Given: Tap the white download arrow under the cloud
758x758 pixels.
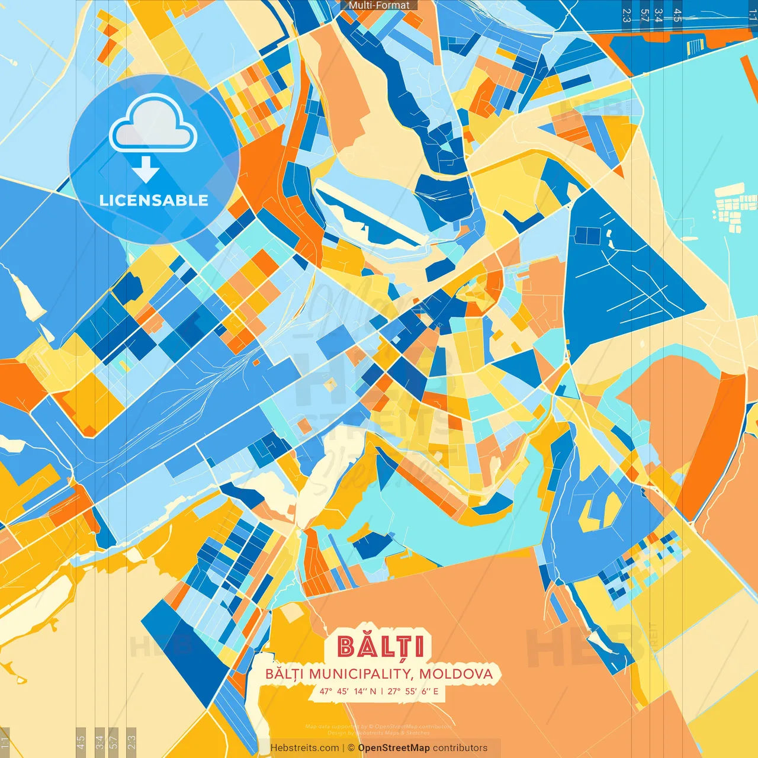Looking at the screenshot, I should point(146,169).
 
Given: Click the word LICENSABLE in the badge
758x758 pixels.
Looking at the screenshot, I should point(153,200).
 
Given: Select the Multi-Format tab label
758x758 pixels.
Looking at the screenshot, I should point(379,5).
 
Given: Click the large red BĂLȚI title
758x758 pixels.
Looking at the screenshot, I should point(381,647).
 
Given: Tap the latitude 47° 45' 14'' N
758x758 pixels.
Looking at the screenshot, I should point(348,691).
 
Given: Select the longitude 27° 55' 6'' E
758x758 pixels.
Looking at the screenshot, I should point(413,691).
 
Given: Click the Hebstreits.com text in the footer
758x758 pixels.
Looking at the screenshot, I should point(305,748).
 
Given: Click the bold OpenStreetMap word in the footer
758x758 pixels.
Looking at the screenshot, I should point(394,748).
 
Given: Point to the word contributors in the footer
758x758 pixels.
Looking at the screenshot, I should point(460,748).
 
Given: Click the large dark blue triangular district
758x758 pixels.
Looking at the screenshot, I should point(622,278).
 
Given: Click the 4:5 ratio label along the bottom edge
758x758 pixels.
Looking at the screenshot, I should point(81,741).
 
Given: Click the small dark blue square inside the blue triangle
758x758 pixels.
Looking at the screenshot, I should point(588,236).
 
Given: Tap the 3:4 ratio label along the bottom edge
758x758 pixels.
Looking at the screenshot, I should point(99,741).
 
